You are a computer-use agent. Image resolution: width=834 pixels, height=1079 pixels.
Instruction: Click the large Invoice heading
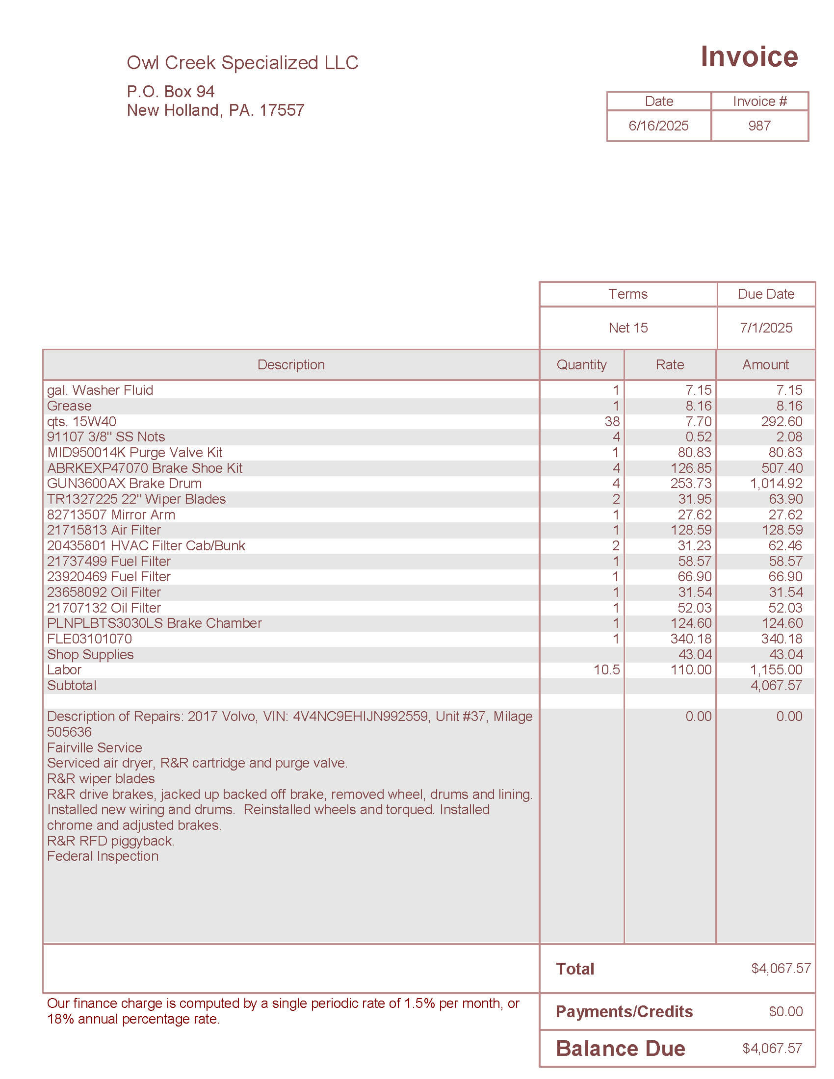[x=749, y=57]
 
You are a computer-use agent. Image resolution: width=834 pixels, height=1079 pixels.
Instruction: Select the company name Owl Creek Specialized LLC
[x=242, y=63]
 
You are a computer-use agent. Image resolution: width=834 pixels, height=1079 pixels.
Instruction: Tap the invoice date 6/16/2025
[x=658, y=126]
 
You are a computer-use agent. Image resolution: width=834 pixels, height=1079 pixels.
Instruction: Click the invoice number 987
[x=759, y=126]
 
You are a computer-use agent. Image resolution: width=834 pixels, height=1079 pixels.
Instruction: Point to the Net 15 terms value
[x=627, y=328]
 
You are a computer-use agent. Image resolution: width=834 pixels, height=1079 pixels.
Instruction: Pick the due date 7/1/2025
[x=765, y=328]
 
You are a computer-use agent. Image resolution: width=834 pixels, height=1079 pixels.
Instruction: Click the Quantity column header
[x=581, y=364]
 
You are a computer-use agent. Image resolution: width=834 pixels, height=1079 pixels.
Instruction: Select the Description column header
[x=291, y=364]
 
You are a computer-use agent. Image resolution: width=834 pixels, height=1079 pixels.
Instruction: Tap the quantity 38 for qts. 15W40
[x=612, y=421]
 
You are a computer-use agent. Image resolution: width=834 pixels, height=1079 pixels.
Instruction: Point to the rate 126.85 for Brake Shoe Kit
[x=691, y=468]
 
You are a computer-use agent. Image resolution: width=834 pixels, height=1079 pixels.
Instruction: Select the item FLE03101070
[x=89, y=639]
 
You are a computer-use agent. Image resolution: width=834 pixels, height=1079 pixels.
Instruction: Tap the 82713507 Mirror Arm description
[x=111, y=515]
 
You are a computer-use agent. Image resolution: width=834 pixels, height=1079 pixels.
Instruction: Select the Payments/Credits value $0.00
[x=785, y=1011]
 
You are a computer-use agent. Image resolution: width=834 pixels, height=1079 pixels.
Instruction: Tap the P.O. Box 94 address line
[x=170, y=91]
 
